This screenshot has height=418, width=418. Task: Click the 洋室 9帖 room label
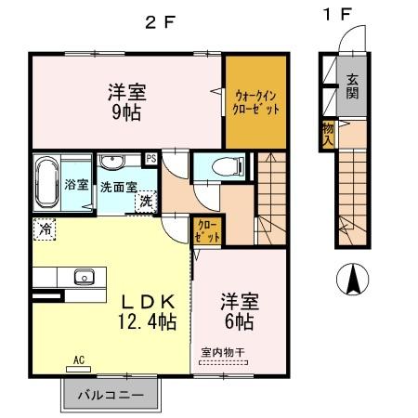127,101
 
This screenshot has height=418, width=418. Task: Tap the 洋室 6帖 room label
238,312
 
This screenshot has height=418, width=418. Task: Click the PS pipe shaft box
150,158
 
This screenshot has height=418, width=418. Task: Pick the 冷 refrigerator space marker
45,228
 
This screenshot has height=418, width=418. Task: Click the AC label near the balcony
78,359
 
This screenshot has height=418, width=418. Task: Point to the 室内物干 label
223,353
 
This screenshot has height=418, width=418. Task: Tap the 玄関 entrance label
354,85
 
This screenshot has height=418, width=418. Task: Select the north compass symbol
354,278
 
